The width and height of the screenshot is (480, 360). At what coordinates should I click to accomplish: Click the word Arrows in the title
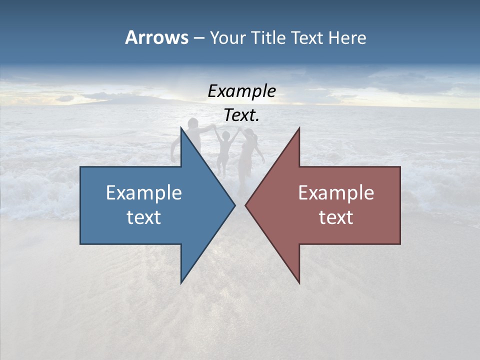click(156, 37)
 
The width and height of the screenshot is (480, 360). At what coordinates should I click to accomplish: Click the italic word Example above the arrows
click(242, 91)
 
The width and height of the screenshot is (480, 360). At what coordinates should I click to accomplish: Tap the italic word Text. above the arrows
click(242, 115)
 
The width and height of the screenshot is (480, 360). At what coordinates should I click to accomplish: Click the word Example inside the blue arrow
click(144, 193)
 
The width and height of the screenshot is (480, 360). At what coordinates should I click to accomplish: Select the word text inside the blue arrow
click(144, 217)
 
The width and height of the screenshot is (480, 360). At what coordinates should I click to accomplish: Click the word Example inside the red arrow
click(336, 193)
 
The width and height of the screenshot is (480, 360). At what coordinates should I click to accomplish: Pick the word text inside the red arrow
click(336, 217)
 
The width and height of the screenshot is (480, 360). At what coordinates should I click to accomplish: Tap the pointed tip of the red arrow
click(246, 205)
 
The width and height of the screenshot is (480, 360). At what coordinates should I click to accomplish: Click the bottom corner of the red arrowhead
click(299, 282)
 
